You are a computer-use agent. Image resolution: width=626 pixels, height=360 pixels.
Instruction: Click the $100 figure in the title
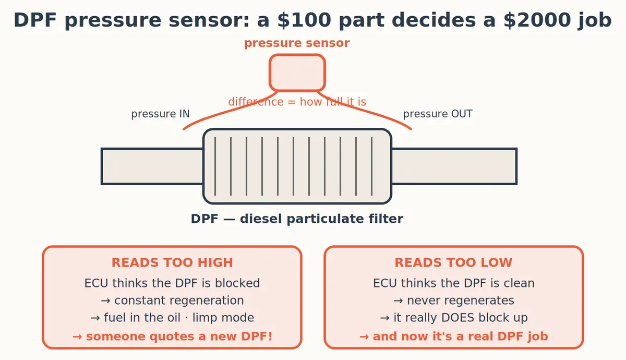tap(304, 20)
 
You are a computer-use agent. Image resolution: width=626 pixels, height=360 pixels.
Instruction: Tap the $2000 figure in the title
tap(537, 20)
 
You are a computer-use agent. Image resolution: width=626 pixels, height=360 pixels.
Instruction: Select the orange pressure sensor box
tap(297, 73)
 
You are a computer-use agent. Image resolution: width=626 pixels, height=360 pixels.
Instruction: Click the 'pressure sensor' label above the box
tap(297, 43)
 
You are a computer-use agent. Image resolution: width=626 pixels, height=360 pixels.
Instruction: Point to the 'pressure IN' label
tap(161, 114)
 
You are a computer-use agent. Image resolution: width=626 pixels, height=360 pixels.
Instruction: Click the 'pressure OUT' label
tap(438, 114)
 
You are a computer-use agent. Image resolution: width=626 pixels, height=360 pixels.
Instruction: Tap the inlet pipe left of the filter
tap(152, 166)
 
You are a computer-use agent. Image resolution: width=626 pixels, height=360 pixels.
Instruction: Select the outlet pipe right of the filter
tap(454, 166)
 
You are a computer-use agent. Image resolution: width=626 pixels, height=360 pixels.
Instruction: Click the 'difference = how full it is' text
tap(297, 102)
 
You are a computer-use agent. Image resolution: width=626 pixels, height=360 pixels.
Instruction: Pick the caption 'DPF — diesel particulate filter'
tap(297, 219)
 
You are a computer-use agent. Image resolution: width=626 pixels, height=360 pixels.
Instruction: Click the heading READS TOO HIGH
tap(172, 263)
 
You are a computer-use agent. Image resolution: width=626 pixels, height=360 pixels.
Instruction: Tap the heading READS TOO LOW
tap(453, 263)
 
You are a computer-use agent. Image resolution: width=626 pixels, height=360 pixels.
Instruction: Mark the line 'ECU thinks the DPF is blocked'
tap(172, 283)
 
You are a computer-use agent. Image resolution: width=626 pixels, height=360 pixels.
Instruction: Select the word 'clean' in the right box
tap(519, 283)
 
